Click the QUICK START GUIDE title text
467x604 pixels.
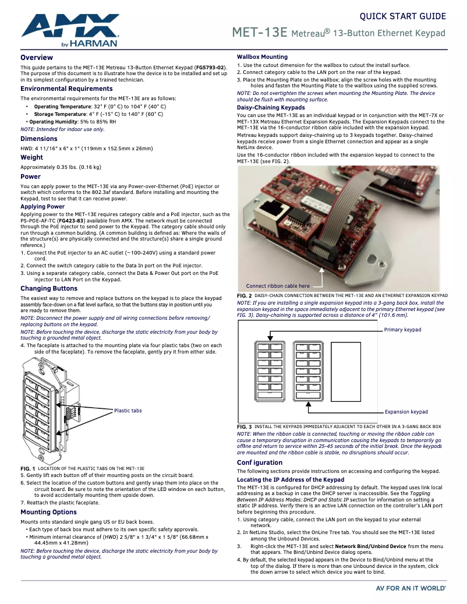click(x=403, y=16)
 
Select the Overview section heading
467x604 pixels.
click(x=37, y=58)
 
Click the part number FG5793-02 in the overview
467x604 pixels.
click(x=210, y=68)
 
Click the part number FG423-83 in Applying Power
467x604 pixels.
click(x=71, y=221)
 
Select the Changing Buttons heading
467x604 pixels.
click(x=49, y=288)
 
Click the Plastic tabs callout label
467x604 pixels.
click(x=128, y=411)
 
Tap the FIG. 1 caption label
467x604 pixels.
click(x=28, y=469)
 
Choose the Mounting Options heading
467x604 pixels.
click(x=48, y=513)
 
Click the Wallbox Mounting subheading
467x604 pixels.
click(x=262, y=57)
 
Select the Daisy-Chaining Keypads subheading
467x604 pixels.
click(x=271, y=108)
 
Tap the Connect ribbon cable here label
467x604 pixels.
click(x=278, y=286)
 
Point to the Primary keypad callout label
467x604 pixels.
click(x=402, y=330)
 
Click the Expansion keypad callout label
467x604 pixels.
click(x=406, y=412)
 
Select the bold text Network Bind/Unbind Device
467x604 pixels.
click(x=370, y=546)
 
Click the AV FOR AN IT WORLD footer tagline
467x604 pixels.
click(x=411, y=588)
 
